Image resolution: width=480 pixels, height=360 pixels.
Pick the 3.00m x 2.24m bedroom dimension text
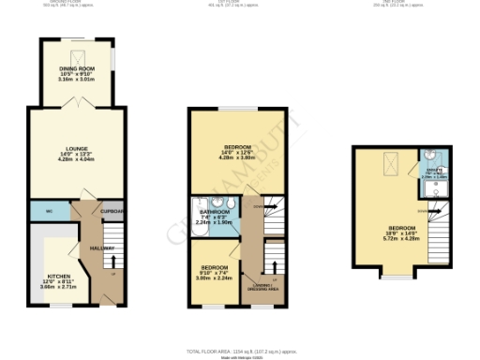pos(214,278)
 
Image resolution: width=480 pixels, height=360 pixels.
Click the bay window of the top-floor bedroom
pos(395,277)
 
